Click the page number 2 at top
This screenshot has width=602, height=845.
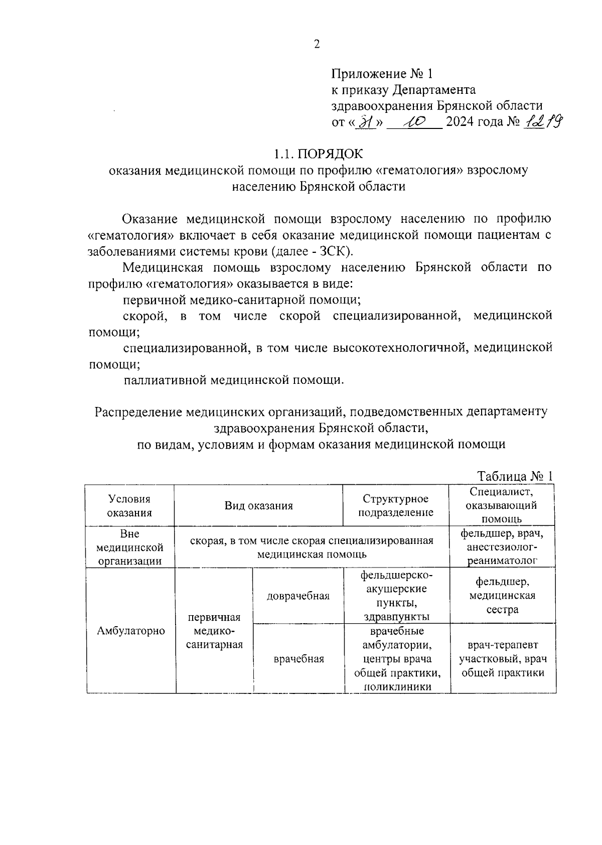click(x=317, y=45)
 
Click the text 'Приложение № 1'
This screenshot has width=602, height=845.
click(x=381, y=74)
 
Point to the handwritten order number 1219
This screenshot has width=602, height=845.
click(x=542, y=121)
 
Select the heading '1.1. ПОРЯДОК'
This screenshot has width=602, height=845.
click(x=318, y=153)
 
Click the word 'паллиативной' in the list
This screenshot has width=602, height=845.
click(x=165, y=380)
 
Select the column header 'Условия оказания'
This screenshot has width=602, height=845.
click(x=129, y=506)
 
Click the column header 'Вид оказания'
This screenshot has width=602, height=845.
click(x=258, y=506)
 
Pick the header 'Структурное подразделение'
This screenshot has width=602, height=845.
click(x=396, y=506)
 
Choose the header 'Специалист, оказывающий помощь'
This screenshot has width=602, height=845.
click(x=502, y=505)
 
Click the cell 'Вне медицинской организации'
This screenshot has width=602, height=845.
click(x=129, y=547)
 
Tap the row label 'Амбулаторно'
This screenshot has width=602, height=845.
click(x=130, y=631)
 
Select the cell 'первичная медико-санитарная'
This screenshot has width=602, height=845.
click(x=214, y=631)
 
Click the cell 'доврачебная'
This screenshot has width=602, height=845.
click(x=298, y=596)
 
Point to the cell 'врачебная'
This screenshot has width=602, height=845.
click(x=298, y=659)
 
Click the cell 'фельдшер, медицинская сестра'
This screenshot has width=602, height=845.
click(x=503, y=596)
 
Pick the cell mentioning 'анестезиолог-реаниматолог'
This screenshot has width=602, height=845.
click(x=502, y=547)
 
